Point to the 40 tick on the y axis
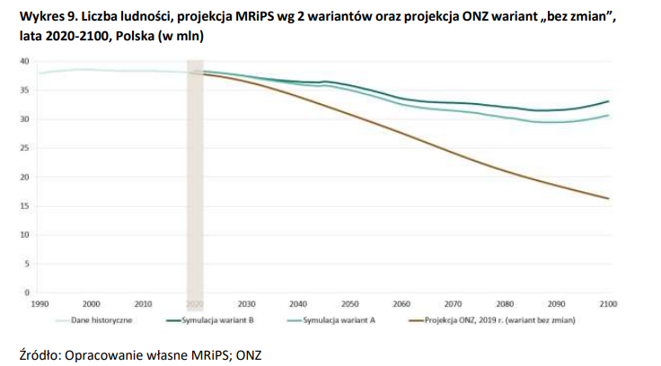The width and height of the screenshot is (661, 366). click(25, 61)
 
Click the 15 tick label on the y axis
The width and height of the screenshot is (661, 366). click(25, 206)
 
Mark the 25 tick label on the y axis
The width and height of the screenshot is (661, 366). click(25, 148)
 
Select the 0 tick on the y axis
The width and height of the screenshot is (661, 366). click(28, 292)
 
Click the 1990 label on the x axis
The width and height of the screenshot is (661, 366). click(39, 304)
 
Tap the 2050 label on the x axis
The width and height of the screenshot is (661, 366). click(350, 304)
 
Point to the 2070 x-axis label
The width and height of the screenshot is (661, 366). click(454, 304)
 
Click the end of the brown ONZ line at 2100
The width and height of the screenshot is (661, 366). click(609, 198)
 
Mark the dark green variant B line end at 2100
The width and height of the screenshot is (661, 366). click(609, 101)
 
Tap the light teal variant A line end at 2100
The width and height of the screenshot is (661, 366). click(609, 115)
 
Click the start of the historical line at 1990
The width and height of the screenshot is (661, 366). click(40, 73)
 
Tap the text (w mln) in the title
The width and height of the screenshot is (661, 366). click(179, 36)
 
